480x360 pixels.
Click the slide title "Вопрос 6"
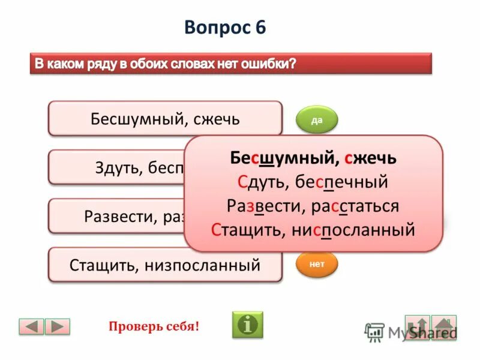(x=225, y=28)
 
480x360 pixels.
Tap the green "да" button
(x=317, y=121)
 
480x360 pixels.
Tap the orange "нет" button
(x=317, y=263)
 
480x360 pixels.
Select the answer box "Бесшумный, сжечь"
(x=164, y=118)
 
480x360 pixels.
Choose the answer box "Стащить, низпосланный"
(x=164, y=265)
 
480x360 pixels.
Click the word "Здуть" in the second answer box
(x=117, y=167)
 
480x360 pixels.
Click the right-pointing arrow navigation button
(x=58, y=326)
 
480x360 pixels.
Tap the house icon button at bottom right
(x=444, y=327)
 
